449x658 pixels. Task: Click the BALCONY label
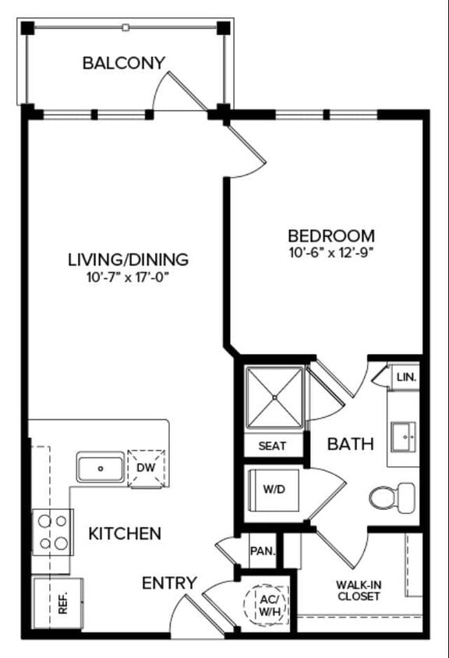pos(124,63)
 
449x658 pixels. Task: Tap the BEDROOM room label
pos(331,235)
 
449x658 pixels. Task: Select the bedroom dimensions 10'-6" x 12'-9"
pos(331,253)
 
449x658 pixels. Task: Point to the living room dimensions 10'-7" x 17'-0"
pos(128,277)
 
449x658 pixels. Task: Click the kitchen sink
pos(100,468)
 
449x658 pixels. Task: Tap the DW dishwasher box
pos(147,468)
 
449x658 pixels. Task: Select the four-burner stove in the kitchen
pos(52,532)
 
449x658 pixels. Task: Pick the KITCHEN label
pos(125,534)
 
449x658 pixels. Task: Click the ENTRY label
pos(169,583)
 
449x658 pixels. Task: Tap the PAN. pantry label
pos(262,551)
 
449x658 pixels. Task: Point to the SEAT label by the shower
pos(272,446)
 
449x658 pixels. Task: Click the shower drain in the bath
pos(274,398)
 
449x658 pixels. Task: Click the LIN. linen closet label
pos(406,377)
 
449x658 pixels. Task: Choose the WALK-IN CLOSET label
pos(359,590)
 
